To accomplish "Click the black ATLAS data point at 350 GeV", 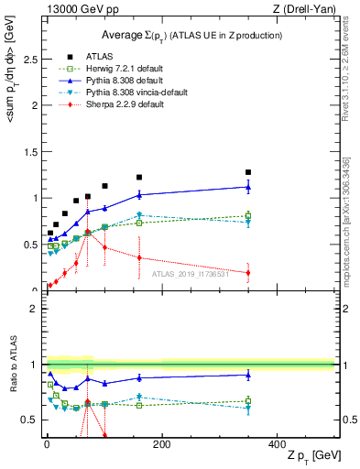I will pyautogui.click(x=248, y=172).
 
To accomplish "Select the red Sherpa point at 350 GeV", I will pyautogui.click(x=248, y=272).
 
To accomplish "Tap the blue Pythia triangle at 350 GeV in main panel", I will pyautogui.click(x=248, y=187).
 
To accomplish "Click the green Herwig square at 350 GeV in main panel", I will pyautogui.click(x=248, y=216).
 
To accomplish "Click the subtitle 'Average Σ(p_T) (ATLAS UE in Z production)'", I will pyautogui.click(x=191, y=35).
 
